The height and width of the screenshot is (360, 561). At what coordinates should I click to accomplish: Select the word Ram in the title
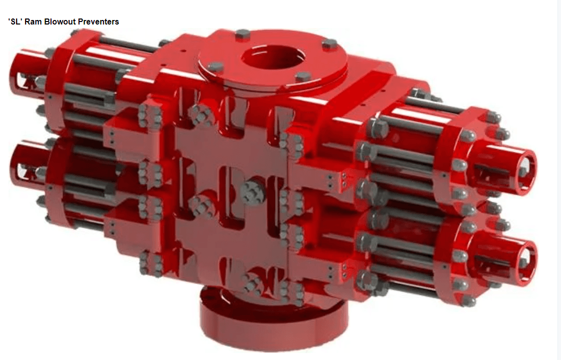(x=32, y=22)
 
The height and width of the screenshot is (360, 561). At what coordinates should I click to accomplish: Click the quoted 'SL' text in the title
(x=15, y=22)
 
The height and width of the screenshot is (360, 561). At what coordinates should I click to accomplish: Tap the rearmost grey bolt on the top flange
(x=242, y=34)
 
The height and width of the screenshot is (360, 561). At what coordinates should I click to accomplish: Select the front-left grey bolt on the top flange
(x=215, y=67)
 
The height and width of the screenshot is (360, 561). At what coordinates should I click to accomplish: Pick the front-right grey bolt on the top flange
(x=303, y=77)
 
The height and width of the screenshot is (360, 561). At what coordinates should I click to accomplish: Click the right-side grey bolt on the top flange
(x=329, y=44)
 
